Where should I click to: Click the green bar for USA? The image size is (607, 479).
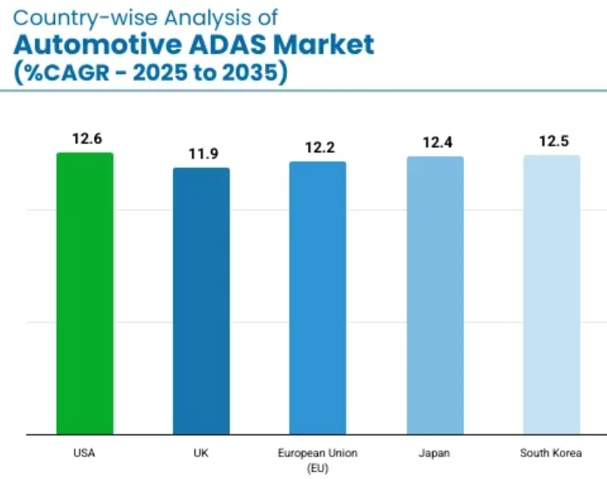click(x=85, y=293)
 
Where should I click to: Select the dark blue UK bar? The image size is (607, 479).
click(x=201, y=300)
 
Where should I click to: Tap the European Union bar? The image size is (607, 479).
click(x=317, y=297)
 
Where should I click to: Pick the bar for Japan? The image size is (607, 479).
click(x=434, y=294)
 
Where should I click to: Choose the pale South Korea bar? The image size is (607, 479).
click(x=551, y=293)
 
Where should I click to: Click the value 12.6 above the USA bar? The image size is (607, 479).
click(x=86, y=138)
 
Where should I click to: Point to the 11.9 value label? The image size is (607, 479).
click(x=202, y=153)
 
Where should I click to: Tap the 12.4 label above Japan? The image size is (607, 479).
click(x=436, y=142)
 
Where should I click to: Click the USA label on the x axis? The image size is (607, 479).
click(x=85, y=453)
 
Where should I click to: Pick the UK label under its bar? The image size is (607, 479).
click(x=201, y=453)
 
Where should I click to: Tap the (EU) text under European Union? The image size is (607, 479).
click(x=317, y=468)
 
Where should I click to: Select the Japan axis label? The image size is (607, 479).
click(x=434, y=453)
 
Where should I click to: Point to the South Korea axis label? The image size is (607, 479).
click(x=550, y=453)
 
